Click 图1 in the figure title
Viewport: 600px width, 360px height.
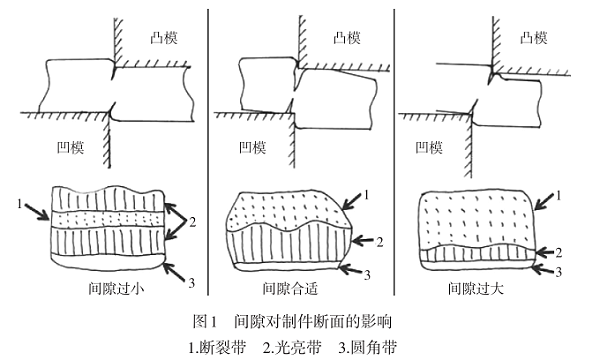click(203, 323)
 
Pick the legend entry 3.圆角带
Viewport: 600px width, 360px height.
click(372, 346)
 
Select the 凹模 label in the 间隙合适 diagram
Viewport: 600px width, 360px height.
click(251, 147)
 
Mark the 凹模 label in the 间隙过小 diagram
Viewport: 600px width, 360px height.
click(69, 147)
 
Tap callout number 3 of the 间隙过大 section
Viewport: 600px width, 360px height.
click(561, 271)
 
